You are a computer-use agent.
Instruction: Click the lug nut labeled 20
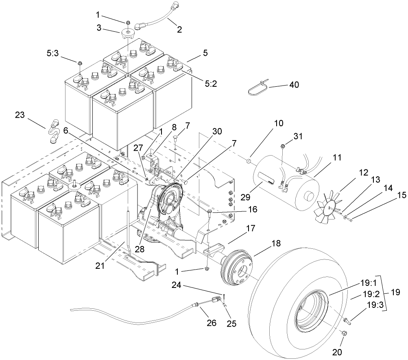pos(343,334)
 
